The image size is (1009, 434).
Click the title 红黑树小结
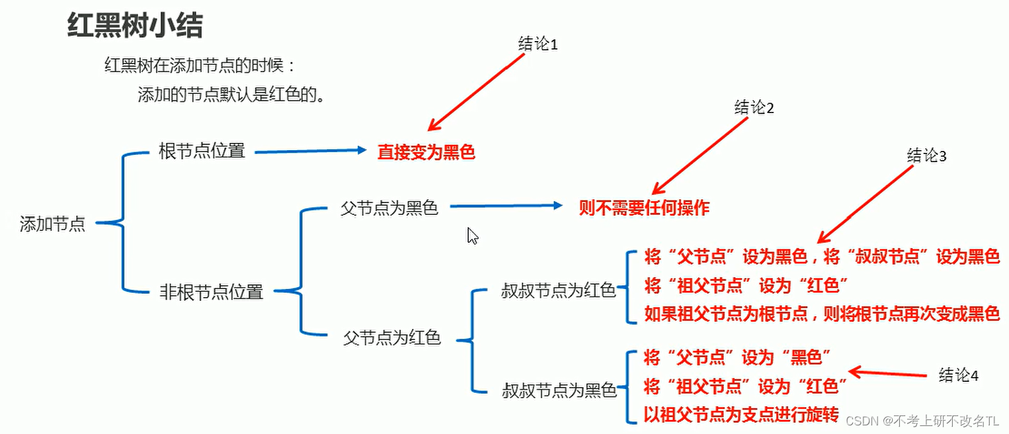135,26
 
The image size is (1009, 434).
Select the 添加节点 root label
53,224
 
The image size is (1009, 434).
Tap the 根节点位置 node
202,151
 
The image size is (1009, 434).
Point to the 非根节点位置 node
212,292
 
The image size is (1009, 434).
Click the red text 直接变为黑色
426,152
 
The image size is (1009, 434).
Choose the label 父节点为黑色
389,208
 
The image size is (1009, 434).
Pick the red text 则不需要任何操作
644,208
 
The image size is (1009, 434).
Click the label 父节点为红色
392,337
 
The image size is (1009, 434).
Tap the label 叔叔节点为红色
559,290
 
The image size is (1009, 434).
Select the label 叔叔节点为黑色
559,390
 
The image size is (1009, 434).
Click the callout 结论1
538,44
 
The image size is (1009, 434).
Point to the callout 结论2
754,108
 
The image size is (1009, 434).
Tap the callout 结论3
927,155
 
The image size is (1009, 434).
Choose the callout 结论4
958,375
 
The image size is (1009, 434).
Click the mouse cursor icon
473,236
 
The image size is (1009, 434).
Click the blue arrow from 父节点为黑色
506,207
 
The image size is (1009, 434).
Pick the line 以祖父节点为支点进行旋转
741,415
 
